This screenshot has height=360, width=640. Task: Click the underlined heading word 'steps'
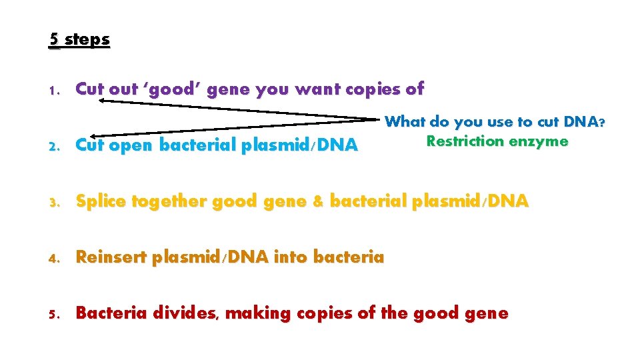point(87,39)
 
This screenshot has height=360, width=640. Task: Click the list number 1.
point(55,90)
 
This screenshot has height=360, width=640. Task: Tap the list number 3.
point(55,201)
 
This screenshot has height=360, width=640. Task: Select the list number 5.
point(55,313)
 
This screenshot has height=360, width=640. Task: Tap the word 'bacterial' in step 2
point(198,145)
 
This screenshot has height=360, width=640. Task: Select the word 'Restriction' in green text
point(464,141)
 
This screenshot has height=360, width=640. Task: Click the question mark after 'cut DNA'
point(601,122)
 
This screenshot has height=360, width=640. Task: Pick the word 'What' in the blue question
point(405,122)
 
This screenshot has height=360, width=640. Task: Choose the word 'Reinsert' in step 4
point(111,257)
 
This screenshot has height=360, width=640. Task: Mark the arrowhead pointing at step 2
point(95,135)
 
